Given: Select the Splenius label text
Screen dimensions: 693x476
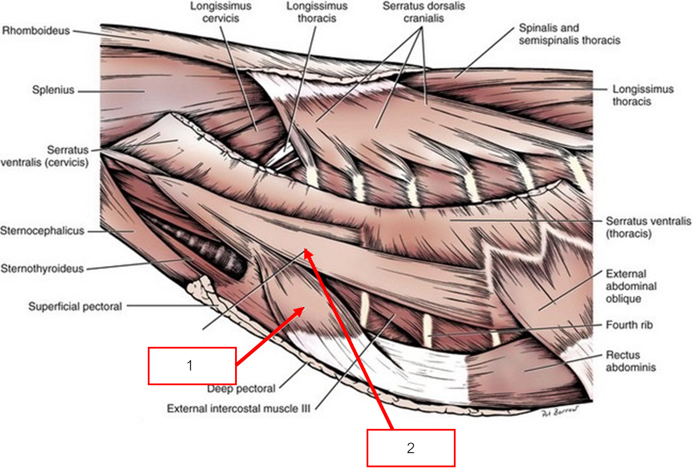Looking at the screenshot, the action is pyautogui.click(x=54, y=91).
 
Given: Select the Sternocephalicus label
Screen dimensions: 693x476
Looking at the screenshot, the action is pyautogui.click(x=42, y=231).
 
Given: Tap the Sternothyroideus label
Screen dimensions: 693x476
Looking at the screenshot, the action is pyautogui.click(x=42, y=269).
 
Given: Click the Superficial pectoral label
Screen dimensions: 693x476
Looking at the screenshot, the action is pyautogui.click(x=75, y=306).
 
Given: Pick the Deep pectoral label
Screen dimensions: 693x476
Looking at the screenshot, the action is pyautogui.click(x=241, y=388).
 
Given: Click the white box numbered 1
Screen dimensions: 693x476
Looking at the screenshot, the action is pyautogui.click(x=192, y=366).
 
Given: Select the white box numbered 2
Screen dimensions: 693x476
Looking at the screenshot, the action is pyautogui.click(x=410, y=448).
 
